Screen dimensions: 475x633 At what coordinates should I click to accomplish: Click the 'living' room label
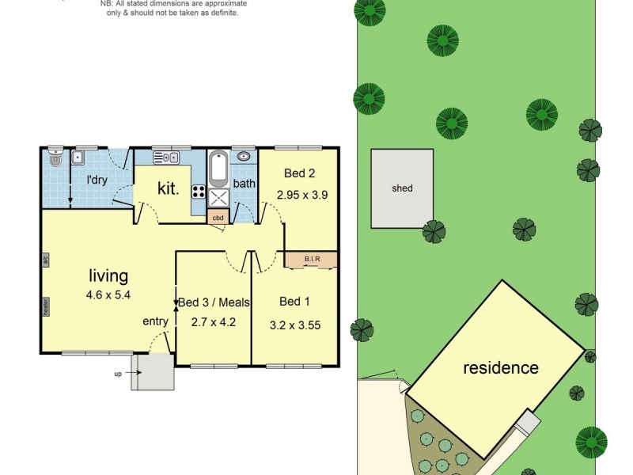point(108,276)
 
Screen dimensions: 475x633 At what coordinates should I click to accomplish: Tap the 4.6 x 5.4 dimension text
point(108,294)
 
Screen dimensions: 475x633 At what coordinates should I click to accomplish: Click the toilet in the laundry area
point(54,158)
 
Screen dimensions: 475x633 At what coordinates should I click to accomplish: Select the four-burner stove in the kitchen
point(198,191)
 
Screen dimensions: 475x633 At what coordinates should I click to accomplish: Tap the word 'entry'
point(155,321)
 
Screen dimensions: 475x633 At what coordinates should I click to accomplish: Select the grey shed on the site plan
point(402,188)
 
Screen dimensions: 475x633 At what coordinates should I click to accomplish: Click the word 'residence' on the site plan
point(500,368)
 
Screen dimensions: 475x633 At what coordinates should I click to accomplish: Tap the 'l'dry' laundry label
point(97,180)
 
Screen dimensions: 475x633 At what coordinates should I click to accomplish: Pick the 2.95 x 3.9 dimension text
point(301,193)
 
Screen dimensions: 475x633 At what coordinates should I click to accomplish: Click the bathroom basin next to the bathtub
point(244,157)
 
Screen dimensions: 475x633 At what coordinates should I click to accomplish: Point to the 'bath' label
point(244,184)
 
